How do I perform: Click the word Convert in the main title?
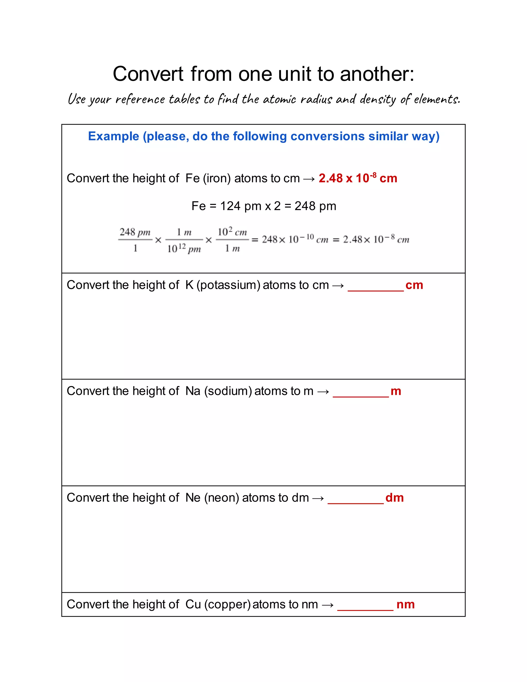pyautogui.click(x=148, y=74)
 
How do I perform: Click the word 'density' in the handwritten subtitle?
pyautogui.click(x=378, y=99)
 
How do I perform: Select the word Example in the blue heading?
pyautogui.click(x=113, y=136)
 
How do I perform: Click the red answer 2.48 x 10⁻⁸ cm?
pyautogui.click(x=358, y=178)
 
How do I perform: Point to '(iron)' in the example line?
pyautogui.click(x=217, y=178)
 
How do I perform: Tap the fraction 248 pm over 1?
pyautogui.click(x=135, y=240)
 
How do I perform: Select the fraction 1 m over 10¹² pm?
pyautogui.click(x=184, y=240)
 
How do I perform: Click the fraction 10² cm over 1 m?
pyautogui.click(x=232, y=240)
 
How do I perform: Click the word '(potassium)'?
pyautogui.click(x=228, y=285)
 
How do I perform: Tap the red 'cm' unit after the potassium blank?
pyautogui.click(x=414, y=285)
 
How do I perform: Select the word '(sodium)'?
pyautogui.click(x=228, y=391)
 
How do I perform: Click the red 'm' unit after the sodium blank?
pyautogui.click(x=396, y=391)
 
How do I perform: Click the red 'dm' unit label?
pyautogui.click(x=394, y=498)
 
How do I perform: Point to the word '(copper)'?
pyautogui.click(x=227, y=605)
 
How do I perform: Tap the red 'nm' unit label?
pyautogui.click(x=405, y=605)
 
